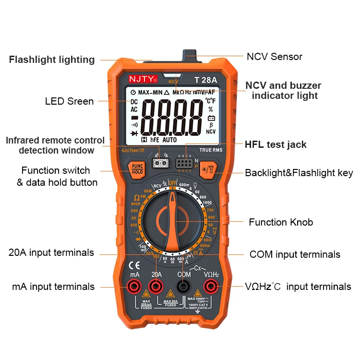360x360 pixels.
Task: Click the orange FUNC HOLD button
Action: [x=138, y=168]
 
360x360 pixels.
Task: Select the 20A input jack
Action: [x=156, y=287]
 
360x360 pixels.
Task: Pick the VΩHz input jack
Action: [x=210, y=287]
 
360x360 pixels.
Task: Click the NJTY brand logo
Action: [x=140, y=79]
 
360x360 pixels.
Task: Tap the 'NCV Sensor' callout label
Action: [x=275, y=57]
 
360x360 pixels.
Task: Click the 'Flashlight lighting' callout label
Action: [x=52, y=60]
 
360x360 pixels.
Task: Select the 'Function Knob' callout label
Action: [x=281, y=222]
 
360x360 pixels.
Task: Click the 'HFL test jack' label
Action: [x=276, y=144]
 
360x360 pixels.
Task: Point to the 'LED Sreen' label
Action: [x=70, y=101]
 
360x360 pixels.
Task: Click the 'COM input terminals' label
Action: [x=295, y=254]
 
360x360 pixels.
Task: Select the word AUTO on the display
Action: [x=170, y=140]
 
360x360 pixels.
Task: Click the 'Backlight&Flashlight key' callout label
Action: [x=299, y=173]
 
